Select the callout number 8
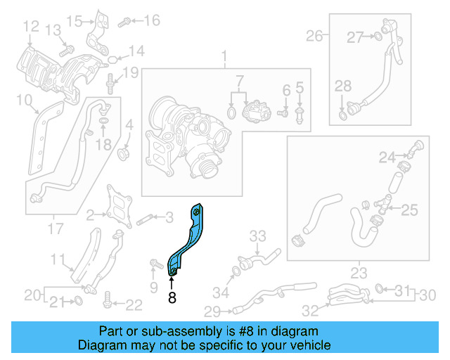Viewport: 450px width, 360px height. (172, 298)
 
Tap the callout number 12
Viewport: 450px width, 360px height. (30, 27)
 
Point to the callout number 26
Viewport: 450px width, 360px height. (314, 34)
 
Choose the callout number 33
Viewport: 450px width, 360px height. (258, 236)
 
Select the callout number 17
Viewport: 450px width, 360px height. (54, 229)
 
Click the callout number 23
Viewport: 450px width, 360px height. (359, 273)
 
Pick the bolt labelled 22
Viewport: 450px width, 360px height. (107, 303)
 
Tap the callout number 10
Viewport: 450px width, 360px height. (23, 101)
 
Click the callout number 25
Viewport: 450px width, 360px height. (409, 209)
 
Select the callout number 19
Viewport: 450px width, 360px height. (131, 72)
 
